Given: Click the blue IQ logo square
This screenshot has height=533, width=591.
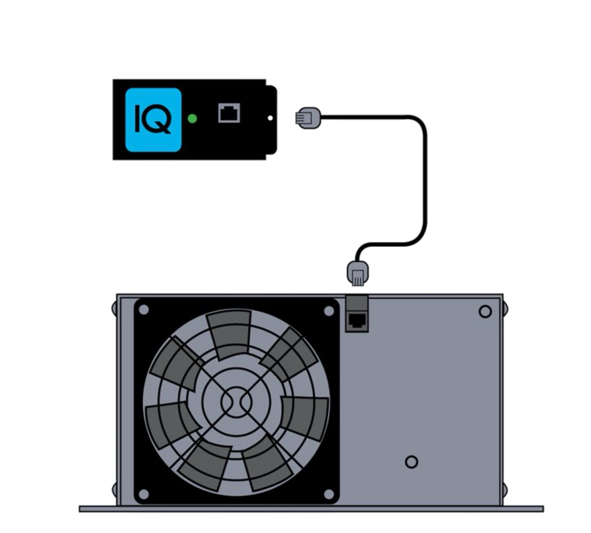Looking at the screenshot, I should (153, 119).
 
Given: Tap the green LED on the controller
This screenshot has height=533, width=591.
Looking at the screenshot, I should (192, 119).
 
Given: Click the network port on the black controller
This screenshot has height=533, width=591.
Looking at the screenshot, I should (229, 112).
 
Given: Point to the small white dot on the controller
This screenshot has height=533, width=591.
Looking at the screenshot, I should (270, 118).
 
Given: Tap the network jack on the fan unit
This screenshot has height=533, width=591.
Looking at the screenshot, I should (357, 321).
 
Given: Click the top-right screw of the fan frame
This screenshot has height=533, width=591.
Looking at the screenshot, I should (328, 311).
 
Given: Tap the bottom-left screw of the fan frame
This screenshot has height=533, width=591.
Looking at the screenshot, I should (144, 492).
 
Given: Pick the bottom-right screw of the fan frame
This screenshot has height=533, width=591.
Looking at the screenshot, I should (328, 492).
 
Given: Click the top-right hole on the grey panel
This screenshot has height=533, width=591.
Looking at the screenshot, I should (485, 312).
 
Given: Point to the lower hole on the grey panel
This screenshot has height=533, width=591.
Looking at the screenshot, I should (411, 462).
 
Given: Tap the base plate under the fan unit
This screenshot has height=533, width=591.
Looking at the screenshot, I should (311, 509).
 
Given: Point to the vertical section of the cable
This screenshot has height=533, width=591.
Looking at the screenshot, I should (426, 180).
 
